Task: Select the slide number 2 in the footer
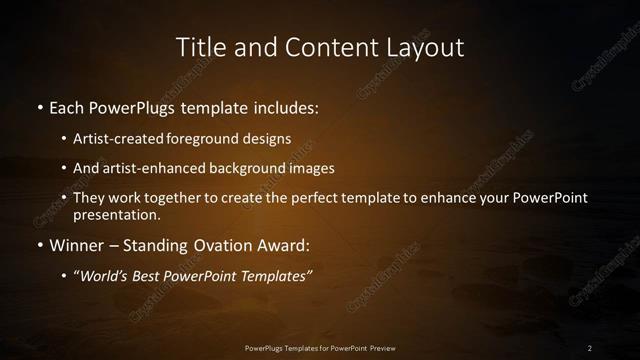pyautogui.click(x=589, y=347)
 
